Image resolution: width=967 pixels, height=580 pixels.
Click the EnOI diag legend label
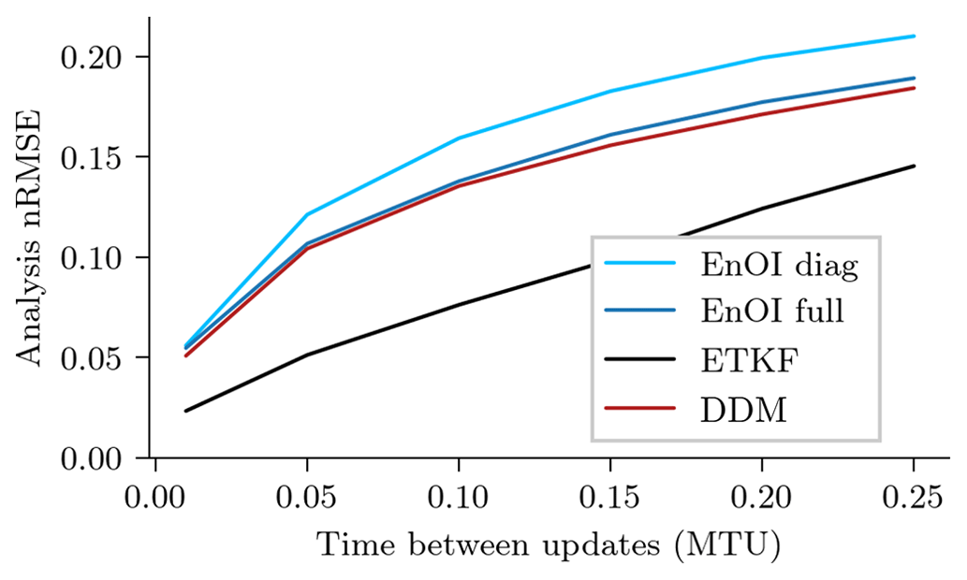[x=779, y=266]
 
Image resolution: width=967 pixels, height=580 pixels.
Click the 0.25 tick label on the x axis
[x=914, y=499]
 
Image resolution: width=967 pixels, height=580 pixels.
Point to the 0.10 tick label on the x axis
[x=458, y=499]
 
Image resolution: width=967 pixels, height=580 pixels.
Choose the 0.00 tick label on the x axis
[x=154, y=499]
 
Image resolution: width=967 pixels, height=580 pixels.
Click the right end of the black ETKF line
[x=914, y=167]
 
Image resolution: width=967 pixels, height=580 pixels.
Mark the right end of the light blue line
[x=914, y=36]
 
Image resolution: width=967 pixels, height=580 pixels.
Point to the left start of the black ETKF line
[x=185, y=411]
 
